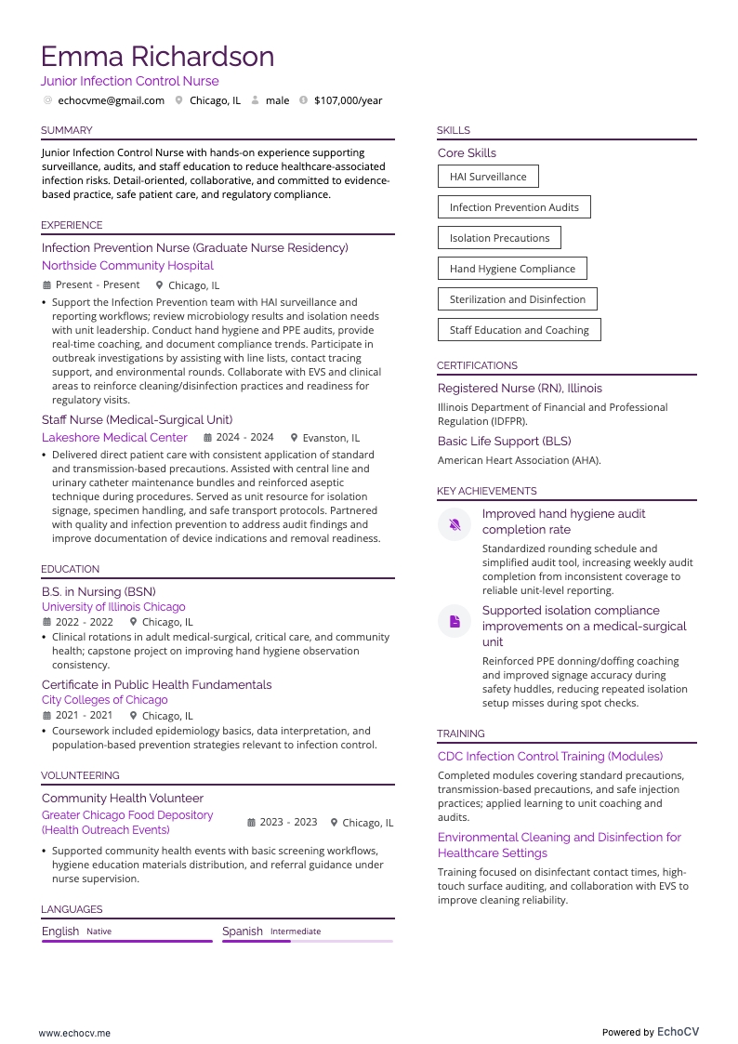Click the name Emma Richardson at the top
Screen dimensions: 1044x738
[x=158, y=57]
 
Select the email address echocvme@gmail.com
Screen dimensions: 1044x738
[x=111, y=100]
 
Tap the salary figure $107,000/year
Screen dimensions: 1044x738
[x=348, y=100]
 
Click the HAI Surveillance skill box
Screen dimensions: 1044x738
[x=488, y=177]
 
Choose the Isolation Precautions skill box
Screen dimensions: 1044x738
[x=499, y=238]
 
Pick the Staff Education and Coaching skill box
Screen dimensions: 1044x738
[x=519, y=330]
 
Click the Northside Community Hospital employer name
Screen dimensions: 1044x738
[x=127, y=266]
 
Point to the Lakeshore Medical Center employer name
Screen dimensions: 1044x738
[x=114, y=437]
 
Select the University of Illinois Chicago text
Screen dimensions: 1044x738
[x=113, y=607]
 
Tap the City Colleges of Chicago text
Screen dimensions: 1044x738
[x=105, y=700]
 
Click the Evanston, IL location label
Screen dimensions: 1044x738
[x=331, y=438]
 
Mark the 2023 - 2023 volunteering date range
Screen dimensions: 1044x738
[x=288, y=823]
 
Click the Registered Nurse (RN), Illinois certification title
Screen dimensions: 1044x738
[x=520, y=389]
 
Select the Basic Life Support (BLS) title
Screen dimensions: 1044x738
[x=504, y=442]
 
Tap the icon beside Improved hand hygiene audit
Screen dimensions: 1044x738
[x=455, y=525]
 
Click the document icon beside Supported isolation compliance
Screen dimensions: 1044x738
[x=455, y=621]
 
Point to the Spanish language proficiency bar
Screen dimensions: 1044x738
[x=307, y=942]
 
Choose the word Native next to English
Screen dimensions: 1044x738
[x=99, y=932]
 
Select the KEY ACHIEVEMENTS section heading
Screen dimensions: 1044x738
[x=486, y=492]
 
